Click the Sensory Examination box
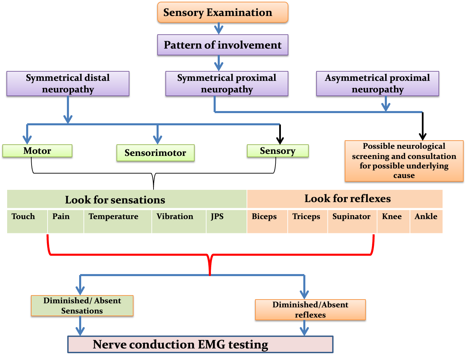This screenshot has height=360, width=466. (x=222, y=13)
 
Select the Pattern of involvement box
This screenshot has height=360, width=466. (x=222, y=45)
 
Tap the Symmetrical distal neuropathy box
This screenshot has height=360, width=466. (x=68, y=84)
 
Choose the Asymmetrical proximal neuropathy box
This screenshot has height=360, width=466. (x=377, y=84)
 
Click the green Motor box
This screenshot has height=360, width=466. (x=37, y=151)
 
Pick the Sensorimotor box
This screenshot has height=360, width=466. (x=155, y=153)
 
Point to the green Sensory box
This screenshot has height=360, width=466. (x=277, y=151)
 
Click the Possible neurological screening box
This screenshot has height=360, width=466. (x=404, y=161)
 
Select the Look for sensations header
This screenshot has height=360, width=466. (x=127, y=199)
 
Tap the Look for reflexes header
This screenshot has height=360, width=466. (x=345, y=199)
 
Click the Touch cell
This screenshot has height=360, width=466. (x=27, y=221)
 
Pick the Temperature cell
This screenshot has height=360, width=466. (x=117, y=221)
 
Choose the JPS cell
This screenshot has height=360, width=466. (x=226, y=221)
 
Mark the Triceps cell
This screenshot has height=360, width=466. (x=307, y=221)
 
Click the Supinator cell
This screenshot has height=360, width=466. (x=352, y=221)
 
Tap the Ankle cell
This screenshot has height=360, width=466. (x=426, y=221)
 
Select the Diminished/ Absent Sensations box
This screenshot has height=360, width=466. (x=82, y=306)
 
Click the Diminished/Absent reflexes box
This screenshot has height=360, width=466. (x=310, y=310)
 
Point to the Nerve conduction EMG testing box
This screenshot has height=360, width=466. (x=200, y=344)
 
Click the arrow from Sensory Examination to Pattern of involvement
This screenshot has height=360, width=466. (x=219, y=29)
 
